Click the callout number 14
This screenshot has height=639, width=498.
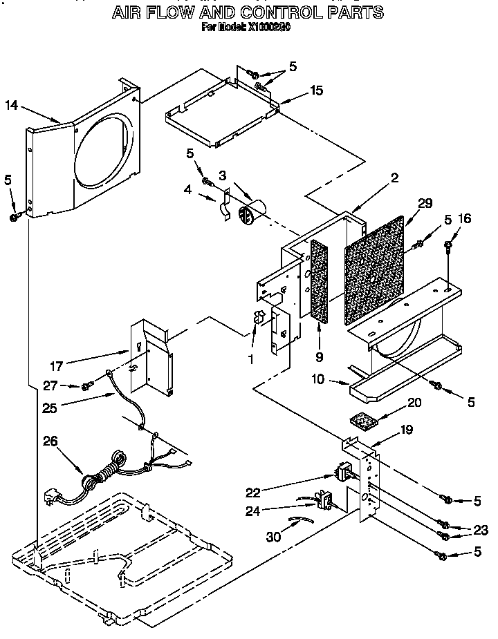(x=12, y=105)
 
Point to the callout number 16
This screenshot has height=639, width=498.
(x=465, y=219)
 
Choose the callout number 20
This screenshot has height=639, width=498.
(x=414, y=403)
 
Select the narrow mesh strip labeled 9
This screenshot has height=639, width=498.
(x=320, y=280)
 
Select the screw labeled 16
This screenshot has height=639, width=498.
(x=450, y=244)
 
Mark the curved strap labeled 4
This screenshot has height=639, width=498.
(x=224, y=209)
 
